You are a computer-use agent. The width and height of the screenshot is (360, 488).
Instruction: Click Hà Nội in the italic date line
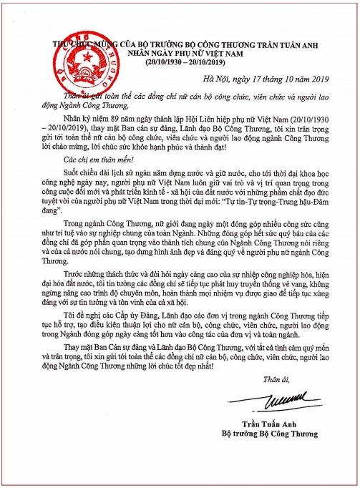click(218, 79)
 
